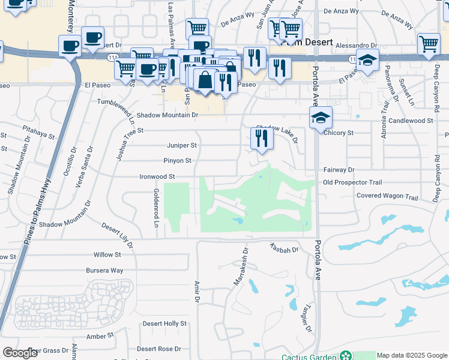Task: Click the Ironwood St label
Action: pyautogui.click(x=157, y=177)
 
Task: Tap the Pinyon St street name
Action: pyautogui.click(x=177, y=161)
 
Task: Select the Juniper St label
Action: pyautogui.click(x=181, y=145)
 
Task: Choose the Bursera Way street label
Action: pyautogui.click(x=104, y=271)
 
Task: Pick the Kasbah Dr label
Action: pyautogui.click(x=284, y=247)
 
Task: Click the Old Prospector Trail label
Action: pyautogui.click(x=352, y=182)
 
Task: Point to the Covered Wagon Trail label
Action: pyautogui.click(x=387, y=197)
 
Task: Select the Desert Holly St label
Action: pyautogui.click(x=164, y=323)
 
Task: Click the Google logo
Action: pyautogui.click(x=20, y=353)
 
